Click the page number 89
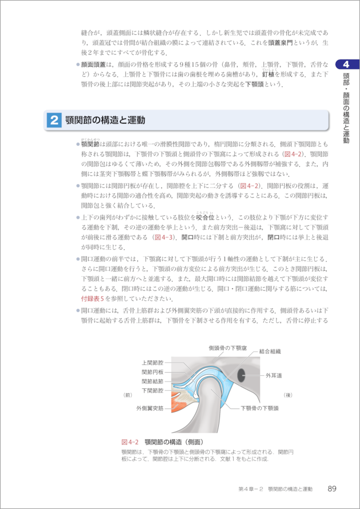tap(331, 489)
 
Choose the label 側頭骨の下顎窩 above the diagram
tap(227, 348)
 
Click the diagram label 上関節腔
tap(153, 363)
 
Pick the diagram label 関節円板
tap(153, 372)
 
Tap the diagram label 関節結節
tap(153, 381)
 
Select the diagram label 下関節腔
tap(153, 390)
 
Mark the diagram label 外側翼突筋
tap(150, 408)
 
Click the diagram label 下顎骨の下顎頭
tap(259, 408)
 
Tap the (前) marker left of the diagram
tap(128, 395)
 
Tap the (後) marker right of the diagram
tap(288, 395)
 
